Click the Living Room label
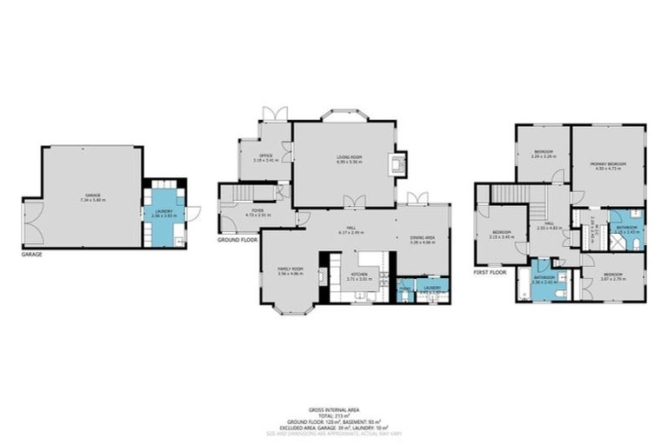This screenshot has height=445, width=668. [x=350, y=158]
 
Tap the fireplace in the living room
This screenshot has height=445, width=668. [x=398, y=164]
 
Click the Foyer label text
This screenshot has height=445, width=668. [x=258, y=211]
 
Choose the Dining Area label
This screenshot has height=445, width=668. [x=422, y=241]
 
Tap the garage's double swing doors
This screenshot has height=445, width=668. [x=33, y=222]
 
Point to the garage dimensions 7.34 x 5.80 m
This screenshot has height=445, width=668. [x=92, y=200]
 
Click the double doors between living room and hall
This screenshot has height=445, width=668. [x=353, y=203]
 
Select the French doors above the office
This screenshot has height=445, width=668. [x=275, y=114]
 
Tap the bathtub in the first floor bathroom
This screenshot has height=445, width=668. [x=523, y=285]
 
